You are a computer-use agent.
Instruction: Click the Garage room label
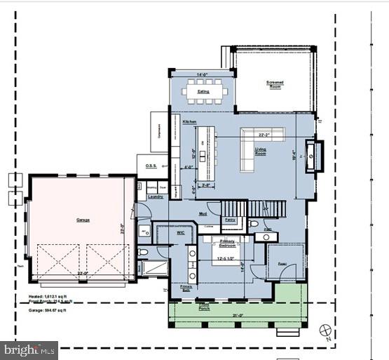[x=83, y=220]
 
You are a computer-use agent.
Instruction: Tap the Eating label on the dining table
[x=203, y=91]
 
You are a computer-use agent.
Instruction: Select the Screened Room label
[x=275, y=84]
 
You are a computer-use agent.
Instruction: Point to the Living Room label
[x=260, y=150]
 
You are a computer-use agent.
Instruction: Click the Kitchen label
[x=189, y=122]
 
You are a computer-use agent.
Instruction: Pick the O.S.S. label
[x=151, y=166]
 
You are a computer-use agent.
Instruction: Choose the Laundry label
[x=155, y=196]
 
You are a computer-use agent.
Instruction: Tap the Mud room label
[x=202, y=213]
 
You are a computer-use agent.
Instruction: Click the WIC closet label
[x=180, y=231]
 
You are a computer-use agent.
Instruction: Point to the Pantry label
[x=230, y=220]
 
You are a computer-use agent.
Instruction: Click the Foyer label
[x=283, y=265]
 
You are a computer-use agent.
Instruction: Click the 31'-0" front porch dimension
[x=238, y=314]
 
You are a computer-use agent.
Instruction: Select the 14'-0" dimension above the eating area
[x=203, y=75]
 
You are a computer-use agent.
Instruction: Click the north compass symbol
[x=324, y=329]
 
